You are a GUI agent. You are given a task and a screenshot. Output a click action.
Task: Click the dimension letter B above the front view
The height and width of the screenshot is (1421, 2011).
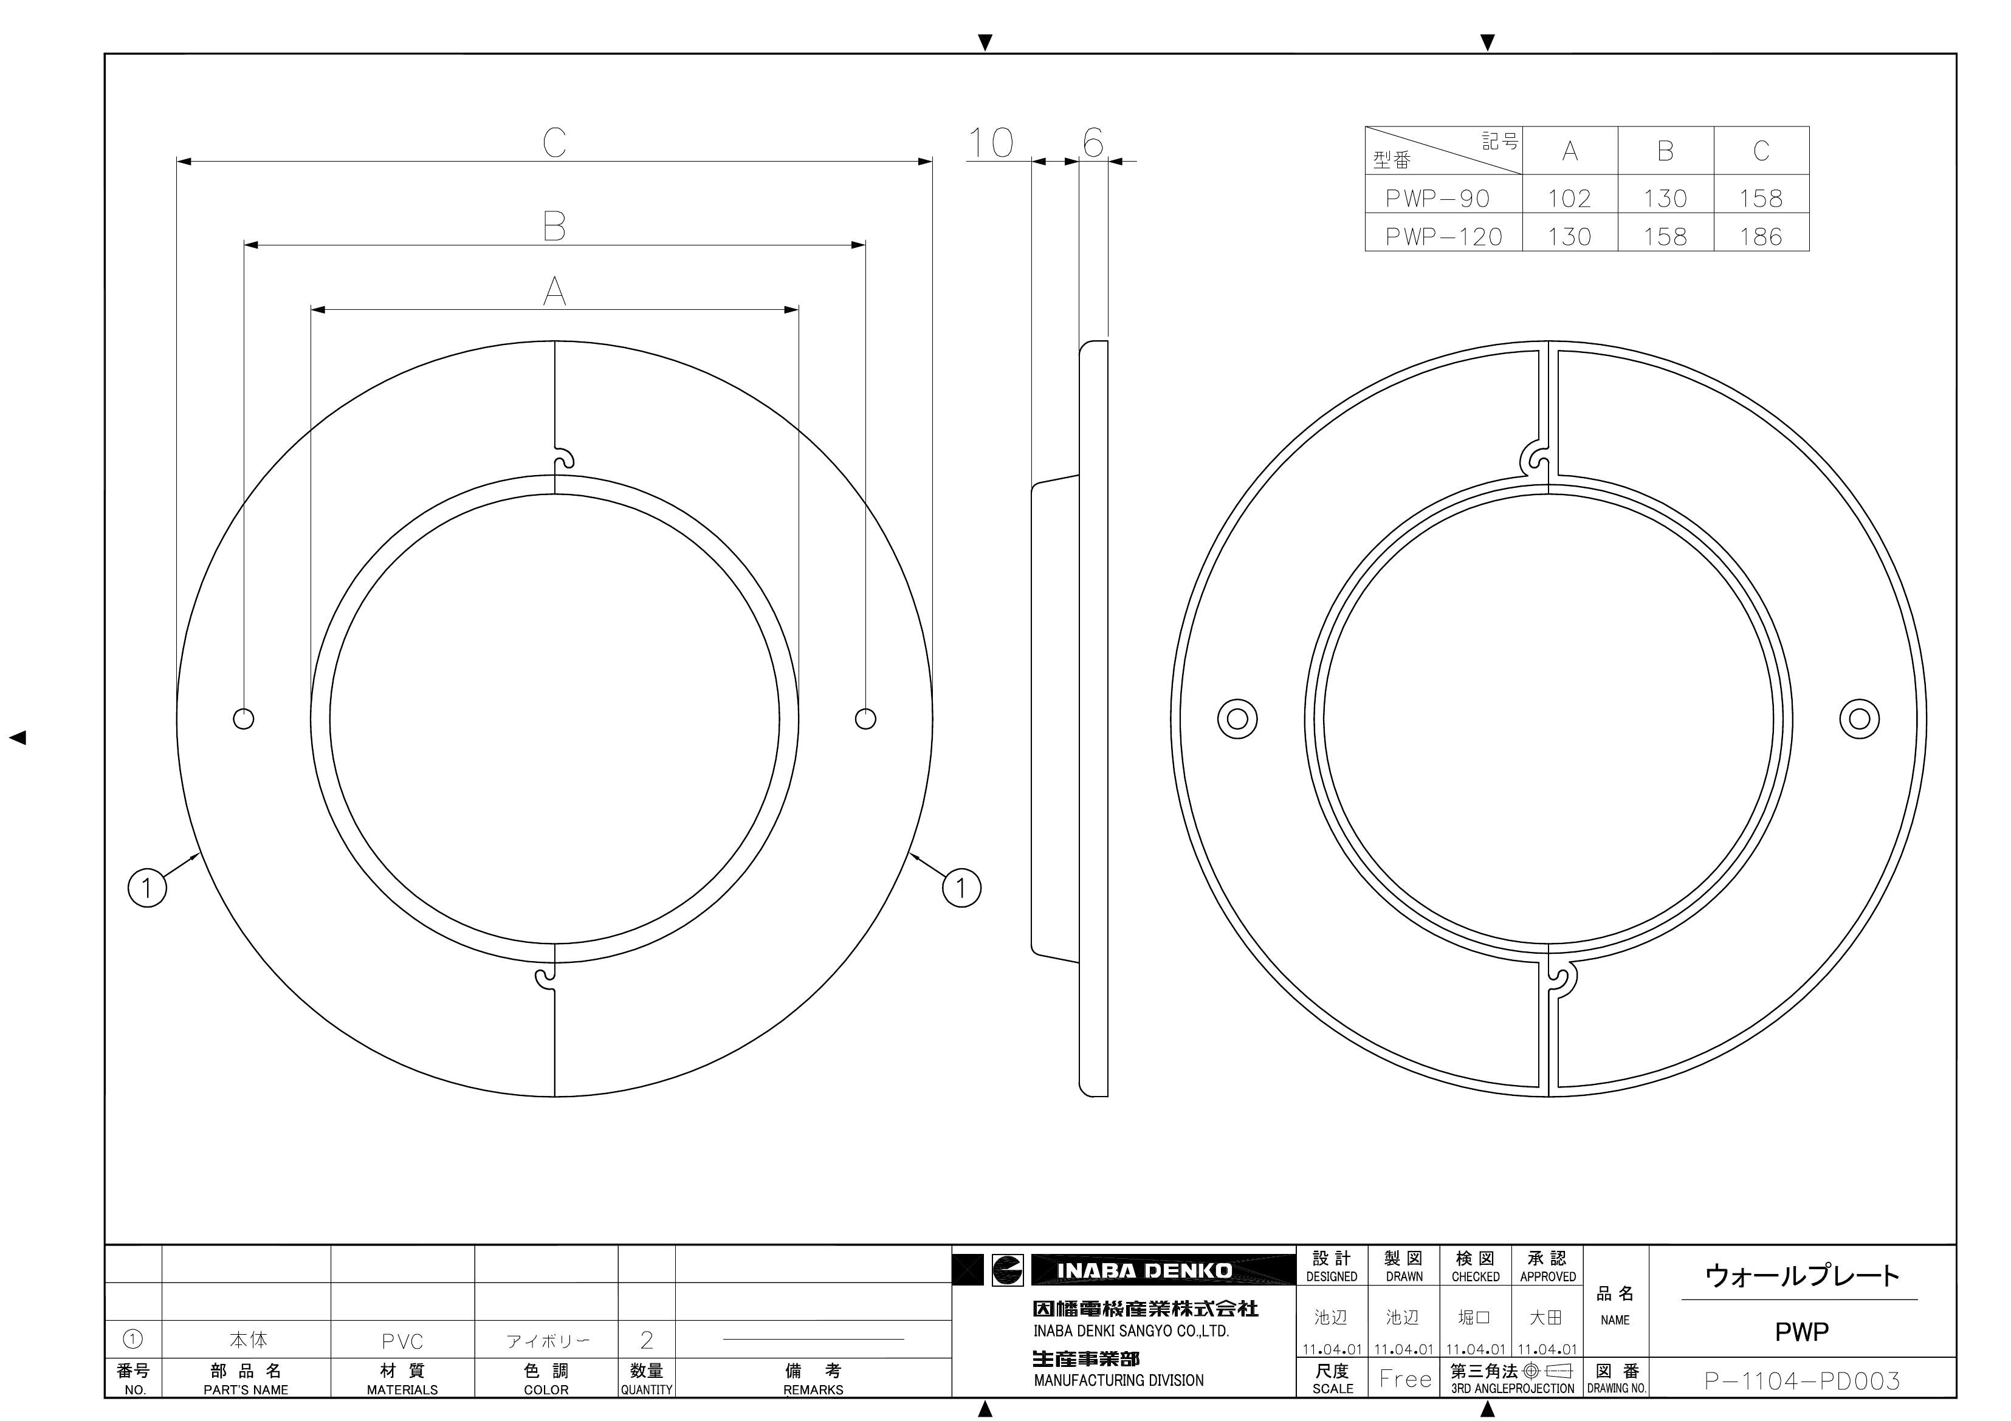(554, 226)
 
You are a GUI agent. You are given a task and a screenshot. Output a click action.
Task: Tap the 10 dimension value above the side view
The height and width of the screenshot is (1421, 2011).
(991, 143)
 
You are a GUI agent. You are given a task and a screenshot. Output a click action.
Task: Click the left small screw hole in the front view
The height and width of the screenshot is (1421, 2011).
(244, 719)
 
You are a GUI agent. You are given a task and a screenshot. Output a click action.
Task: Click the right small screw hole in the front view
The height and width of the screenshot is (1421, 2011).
(865, 719)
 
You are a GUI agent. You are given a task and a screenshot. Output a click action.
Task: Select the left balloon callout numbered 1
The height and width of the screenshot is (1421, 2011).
(147, 888)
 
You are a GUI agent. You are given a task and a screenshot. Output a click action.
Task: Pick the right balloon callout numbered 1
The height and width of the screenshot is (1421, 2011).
(961, 888)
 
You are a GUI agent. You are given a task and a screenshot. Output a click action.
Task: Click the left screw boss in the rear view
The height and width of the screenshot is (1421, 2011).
(1237, 719)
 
